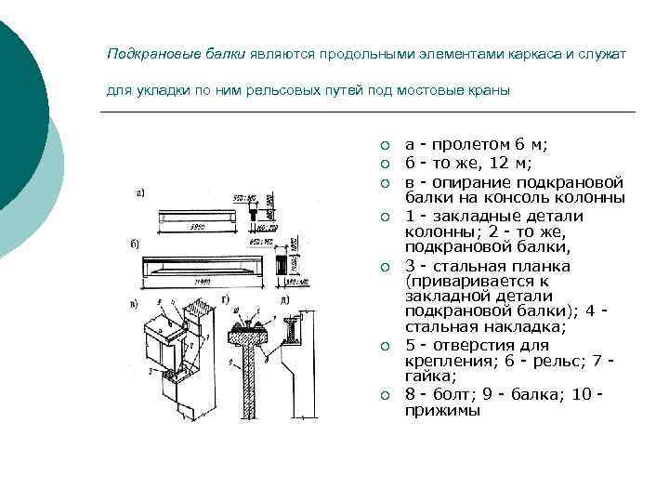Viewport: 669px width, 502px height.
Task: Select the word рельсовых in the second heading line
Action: coord(282,91)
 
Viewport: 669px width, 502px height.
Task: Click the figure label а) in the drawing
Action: coord(139,194)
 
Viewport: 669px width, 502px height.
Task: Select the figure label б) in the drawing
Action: coord(135,244)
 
